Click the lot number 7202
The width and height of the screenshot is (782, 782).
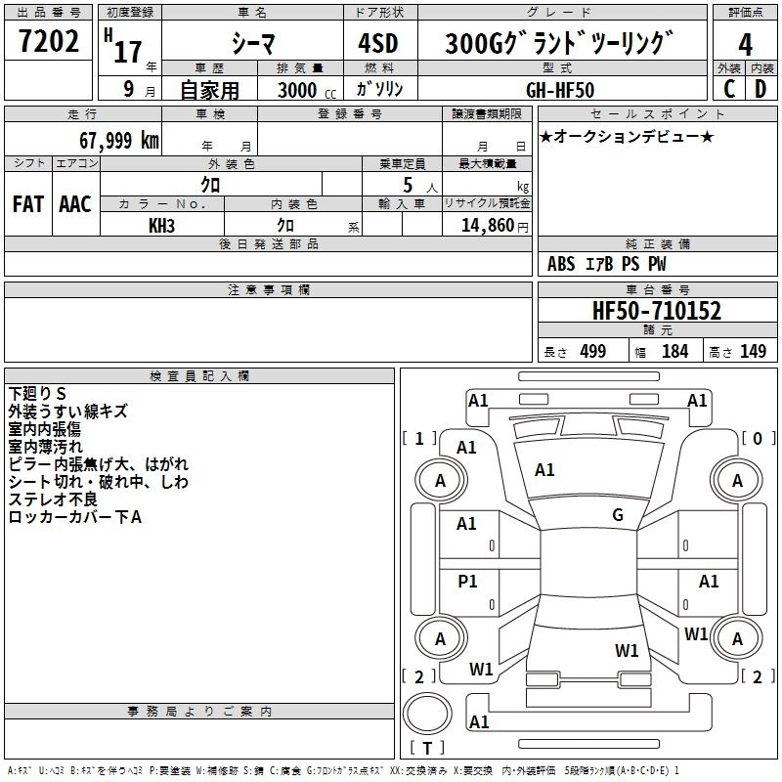point(49,43)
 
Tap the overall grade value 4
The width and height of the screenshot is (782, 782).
point(745,45)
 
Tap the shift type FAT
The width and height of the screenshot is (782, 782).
point(27,204)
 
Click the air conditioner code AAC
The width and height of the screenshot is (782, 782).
point(75,204)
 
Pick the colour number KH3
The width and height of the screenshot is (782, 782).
point(161,225)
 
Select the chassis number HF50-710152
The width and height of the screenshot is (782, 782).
point(657,312)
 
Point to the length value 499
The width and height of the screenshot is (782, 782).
point(592,352)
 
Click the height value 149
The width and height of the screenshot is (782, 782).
point(753,352)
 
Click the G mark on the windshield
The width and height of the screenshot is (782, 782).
point(618,515)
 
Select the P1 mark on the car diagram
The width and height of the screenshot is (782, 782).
point(467,582)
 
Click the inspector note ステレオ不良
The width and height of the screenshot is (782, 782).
point(55,500)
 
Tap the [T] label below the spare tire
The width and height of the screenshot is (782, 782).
point(427,749)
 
